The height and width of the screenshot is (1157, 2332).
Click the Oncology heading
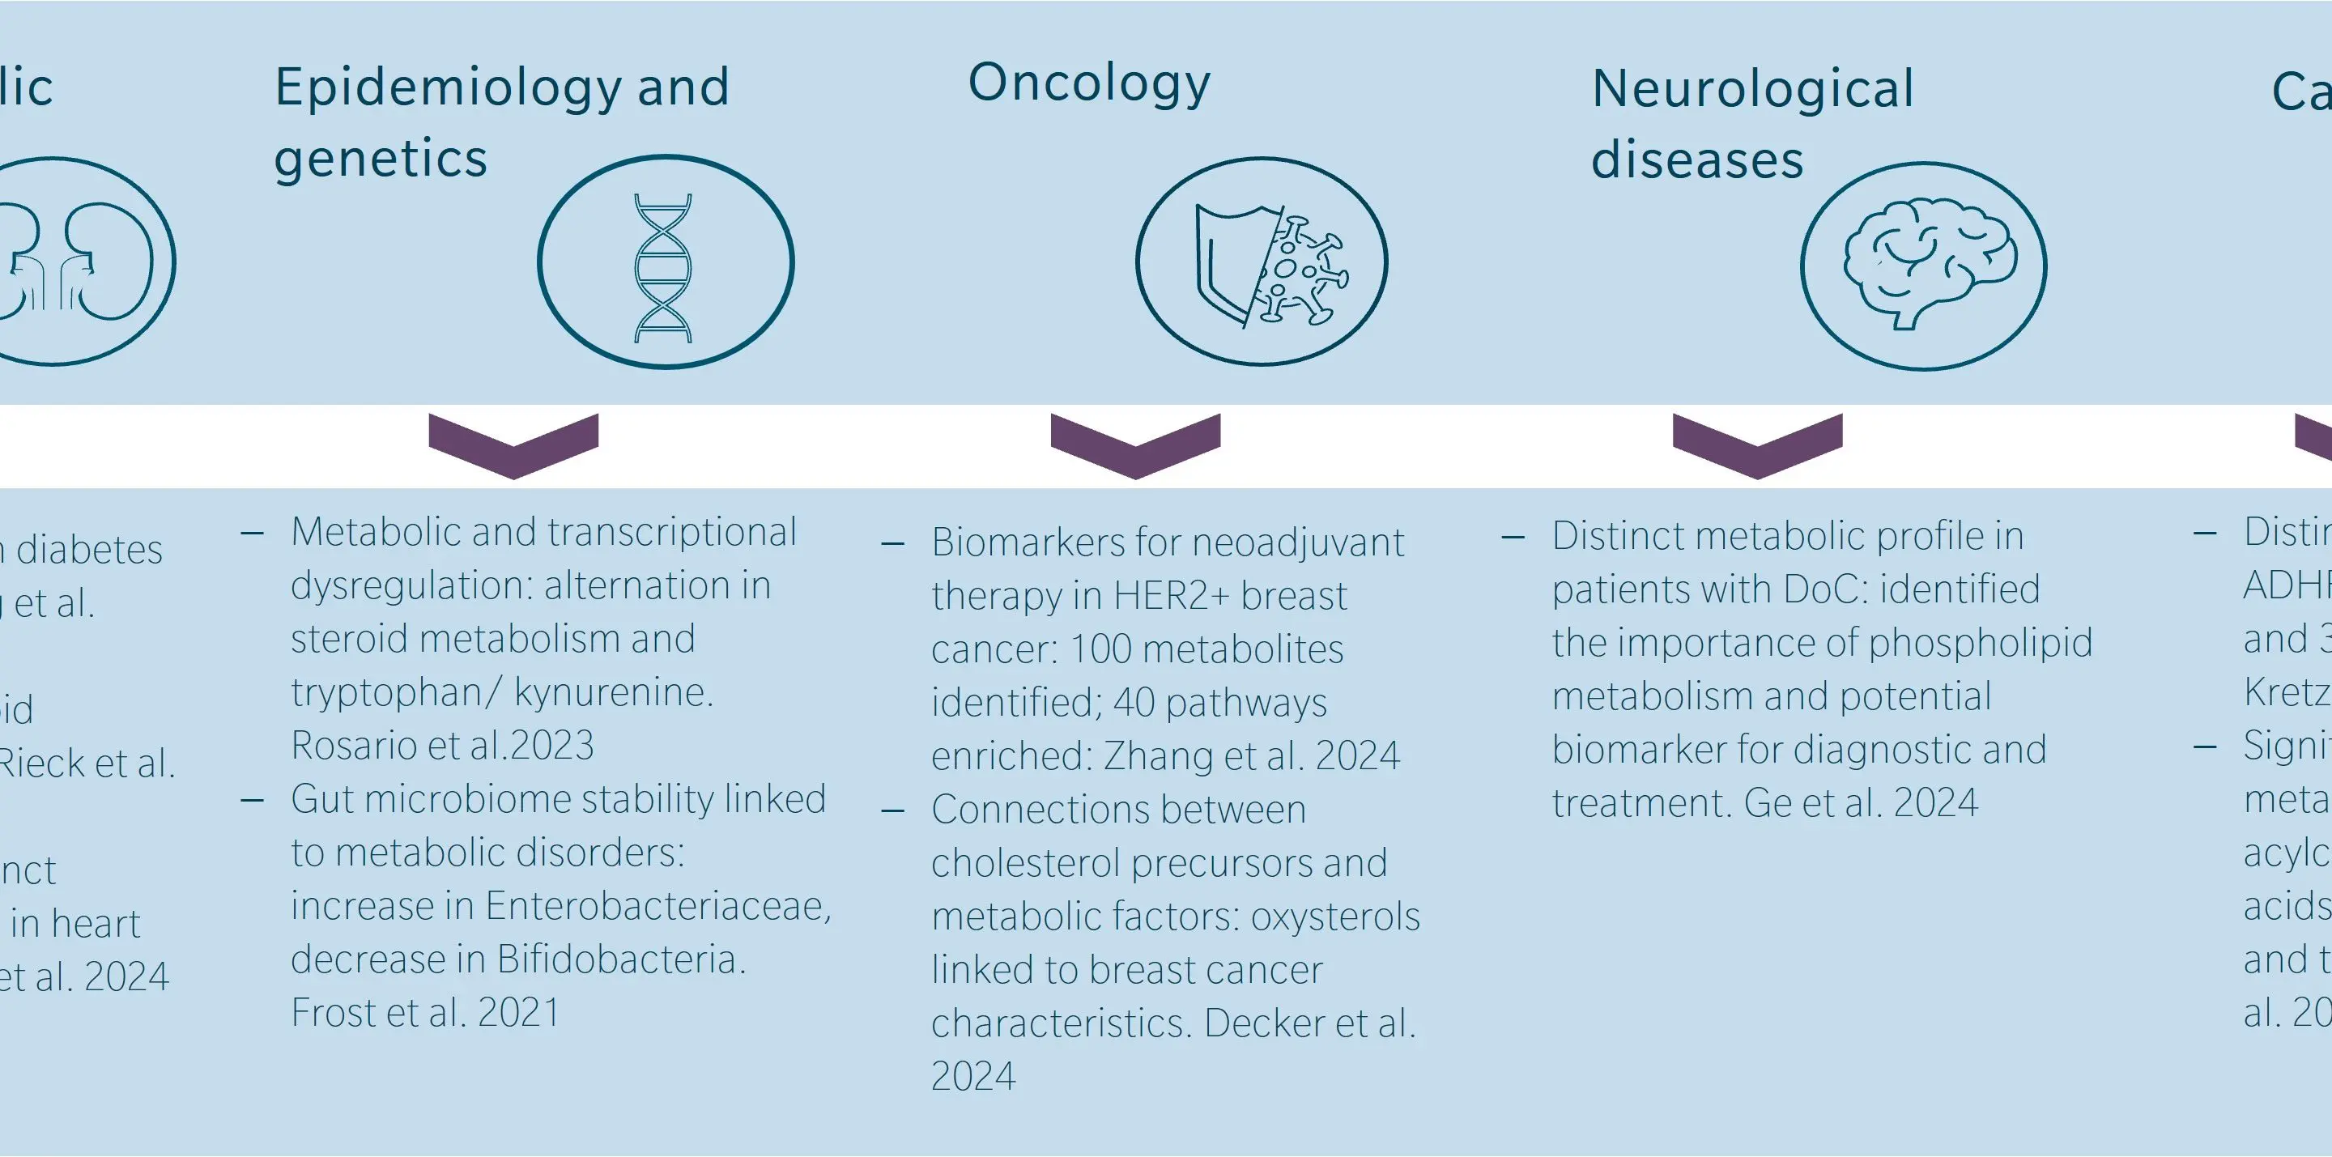[x=1088, y=84]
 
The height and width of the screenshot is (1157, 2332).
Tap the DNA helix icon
[x=664, y=267]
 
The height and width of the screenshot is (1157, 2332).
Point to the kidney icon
[x=72, y=262]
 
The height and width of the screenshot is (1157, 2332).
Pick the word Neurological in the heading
[x=1752, y=90]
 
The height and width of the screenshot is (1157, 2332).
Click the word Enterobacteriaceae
[x=657, y=906]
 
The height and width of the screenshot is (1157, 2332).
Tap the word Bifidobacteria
[x=620, y=959]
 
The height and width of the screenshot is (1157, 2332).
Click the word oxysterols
[x=1334, y=917]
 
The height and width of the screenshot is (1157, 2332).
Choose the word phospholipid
[x=1980, y=643]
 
